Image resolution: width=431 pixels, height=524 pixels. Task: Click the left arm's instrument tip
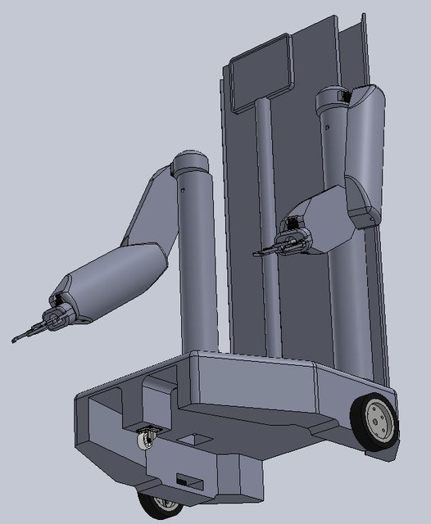(x=18, y=338)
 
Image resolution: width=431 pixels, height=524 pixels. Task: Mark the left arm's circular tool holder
(x=56, y=317)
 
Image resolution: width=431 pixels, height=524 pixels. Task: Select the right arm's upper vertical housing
(x=365, y=147)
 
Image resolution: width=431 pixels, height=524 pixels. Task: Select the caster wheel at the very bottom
(x=159, y=505)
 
